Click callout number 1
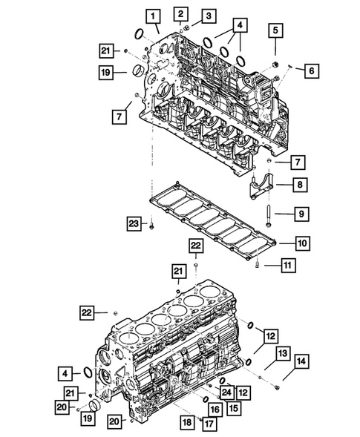pos(152,16)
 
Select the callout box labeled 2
pos(181,13)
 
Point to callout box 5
pos(276,30)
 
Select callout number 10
pos(304,243)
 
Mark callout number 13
pos(283,355)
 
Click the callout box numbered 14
pos(301,361)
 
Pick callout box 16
pos(215,409)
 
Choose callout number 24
pos(226,392)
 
